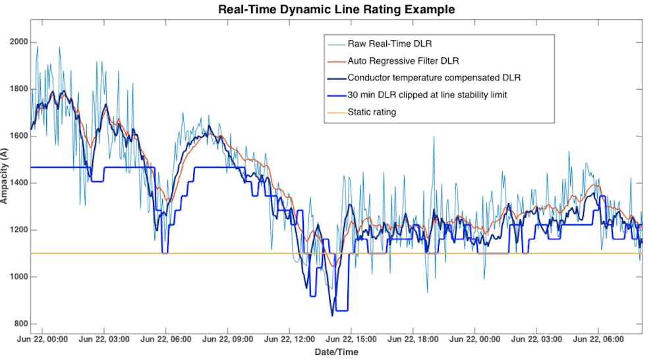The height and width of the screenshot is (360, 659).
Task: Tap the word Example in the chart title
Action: [x=429, y=9]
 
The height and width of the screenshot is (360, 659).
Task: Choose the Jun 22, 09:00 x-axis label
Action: [x=227, y=340]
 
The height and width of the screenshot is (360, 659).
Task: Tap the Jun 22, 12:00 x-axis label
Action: [x=289, y=340]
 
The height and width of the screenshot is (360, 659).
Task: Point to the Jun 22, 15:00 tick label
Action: [x=351, y=340]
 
